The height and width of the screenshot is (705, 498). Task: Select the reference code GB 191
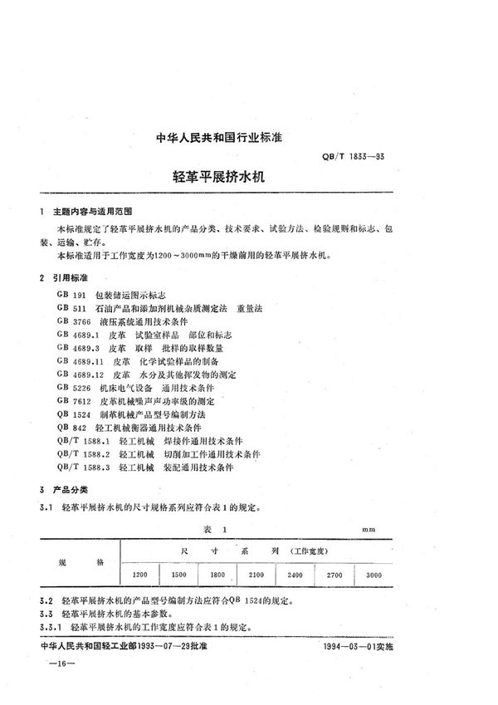[71, 295]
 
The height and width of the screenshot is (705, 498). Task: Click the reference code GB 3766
[74, 321]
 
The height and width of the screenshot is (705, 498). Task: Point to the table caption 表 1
[214, 527]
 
